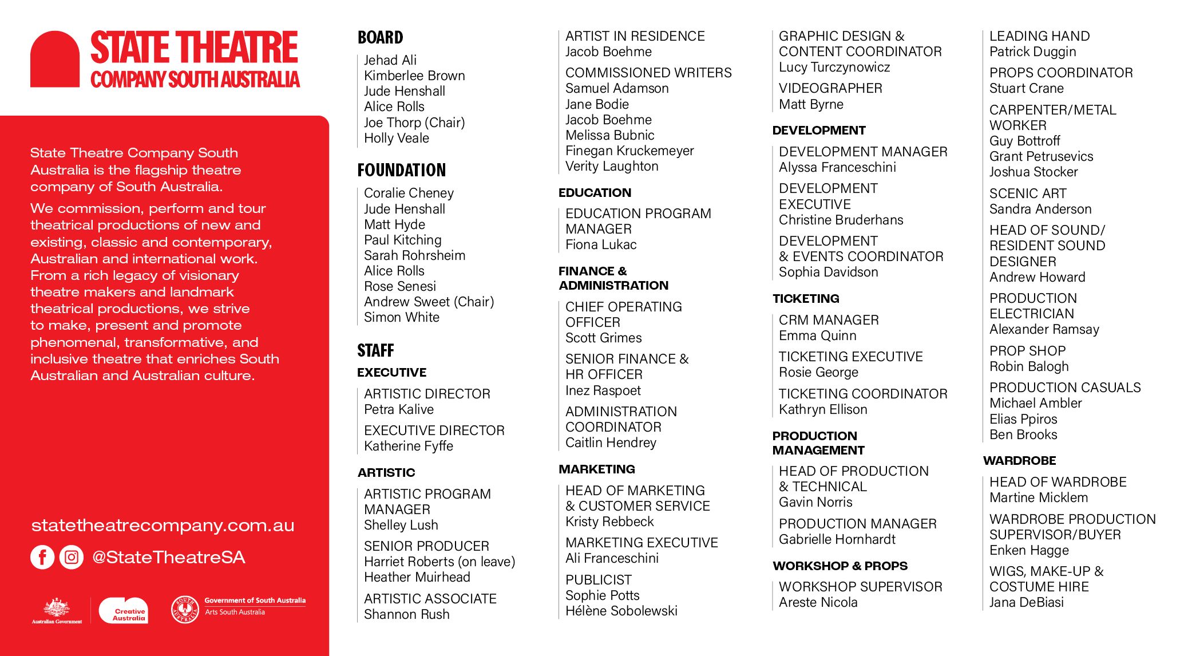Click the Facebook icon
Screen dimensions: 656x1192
pyautogui.click(x=42, y=557)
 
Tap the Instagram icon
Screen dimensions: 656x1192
pyautogui.click(x=72, y=557)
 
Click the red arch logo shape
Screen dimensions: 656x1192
pyautogui.click(x=55, y=60)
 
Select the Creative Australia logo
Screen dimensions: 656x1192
pyautogui.click(x=124, y=611)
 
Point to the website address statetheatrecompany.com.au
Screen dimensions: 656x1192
pyautogui.click(x=163, y=525)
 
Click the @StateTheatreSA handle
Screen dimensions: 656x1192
pyautogui.click(x=168, y=557)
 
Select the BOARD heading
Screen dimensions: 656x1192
pyautogui.click(x=380, y=38)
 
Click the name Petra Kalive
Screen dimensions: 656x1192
pyautogui.click(x=398, y=409)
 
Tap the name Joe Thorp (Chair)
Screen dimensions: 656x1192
pyautogui.click(x=414, y=122)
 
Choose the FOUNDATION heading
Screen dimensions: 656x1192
pyautogui.click(x=401, y=170)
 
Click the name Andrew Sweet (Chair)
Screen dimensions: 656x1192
pyautogui.click(x=429, y=302)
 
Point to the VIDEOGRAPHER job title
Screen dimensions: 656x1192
pyautogui.click(x=830, y=88)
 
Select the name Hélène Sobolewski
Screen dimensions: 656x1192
pyautogui.click(x=621, y=611)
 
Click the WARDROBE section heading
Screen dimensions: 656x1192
pyautogui.click(x=1019, y=460)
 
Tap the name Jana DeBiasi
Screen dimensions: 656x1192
pyautogui.click(x=1026, y=602)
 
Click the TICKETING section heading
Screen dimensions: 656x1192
pyautogui.click(x=805, y=298)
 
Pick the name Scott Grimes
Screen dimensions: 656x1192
pyautogui.click(x=603, y=338)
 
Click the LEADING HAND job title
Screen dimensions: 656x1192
pyautogui.click(x=1039, y=36)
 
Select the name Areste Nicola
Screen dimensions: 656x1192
pyautogui.click(x=818, y=602)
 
